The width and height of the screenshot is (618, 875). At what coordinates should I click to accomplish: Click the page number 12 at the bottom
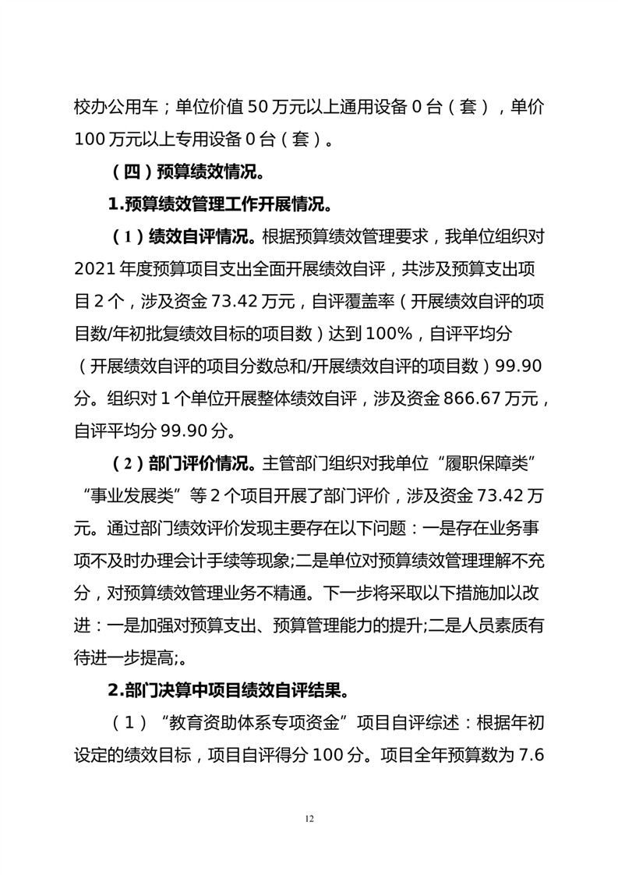coord(309,818)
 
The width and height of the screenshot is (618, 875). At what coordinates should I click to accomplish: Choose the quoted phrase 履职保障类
coord(482,463)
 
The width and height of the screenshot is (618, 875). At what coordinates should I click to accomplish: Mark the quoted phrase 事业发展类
coord(136,495)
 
